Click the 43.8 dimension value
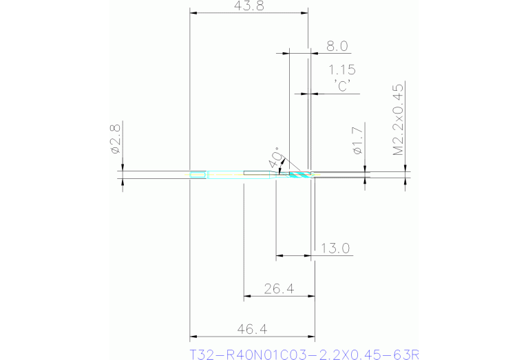click(248, 6)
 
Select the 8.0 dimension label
click(337, 46)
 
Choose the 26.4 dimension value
click(279, 289)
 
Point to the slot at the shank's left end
click(198, 175)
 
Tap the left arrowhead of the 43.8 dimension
click(193, 13)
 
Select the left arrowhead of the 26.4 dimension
click(247, 297)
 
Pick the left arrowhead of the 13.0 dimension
click(279, 256)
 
